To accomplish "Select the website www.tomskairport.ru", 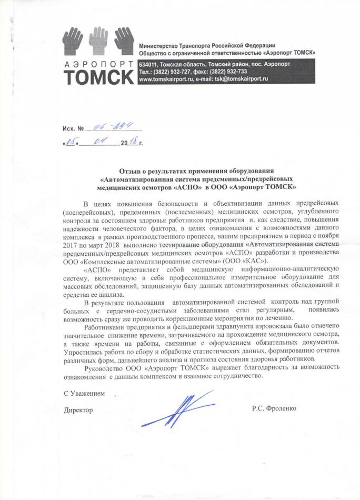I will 169,78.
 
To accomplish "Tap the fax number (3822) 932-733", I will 228,71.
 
